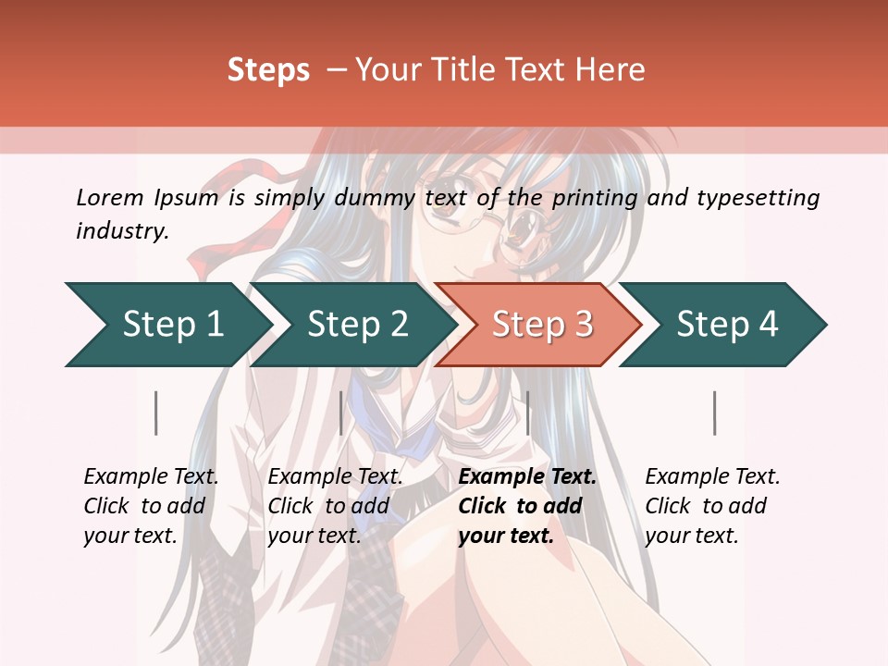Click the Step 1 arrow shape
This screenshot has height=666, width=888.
click(x=172, y=325)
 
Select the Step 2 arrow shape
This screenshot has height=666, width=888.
click(x=357, y=325)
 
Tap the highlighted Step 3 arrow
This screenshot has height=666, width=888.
click(x=542, y=325)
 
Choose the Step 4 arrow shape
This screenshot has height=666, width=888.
click(x=727, y=325)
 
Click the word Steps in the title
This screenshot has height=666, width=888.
click(x=268, y=70)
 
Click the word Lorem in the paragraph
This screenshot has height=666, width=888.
click(x=109, y=197)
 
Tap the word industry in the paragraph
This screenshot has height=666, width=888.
click(x=122, y=231)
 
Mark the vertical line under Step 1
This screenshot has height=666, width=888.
click(x=156, y=413)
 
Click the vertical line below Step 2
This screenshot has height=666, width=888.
click(x=341, y=413)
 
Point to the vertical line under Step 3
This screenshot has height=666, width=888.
click(x=527, y=413)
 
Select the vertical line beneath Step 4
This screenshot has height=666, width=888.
click(x=715, y=413)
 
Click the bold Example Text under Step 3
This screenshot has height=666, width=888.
click(x=527, y=476)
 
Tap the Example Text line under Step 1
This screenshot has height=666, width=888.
click(x=151, y=476)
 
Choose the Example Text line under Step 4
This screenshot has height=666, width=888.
click(x=712, y=476)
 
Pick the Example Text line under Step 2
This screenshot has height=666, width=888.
click(x=335, y=476)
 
